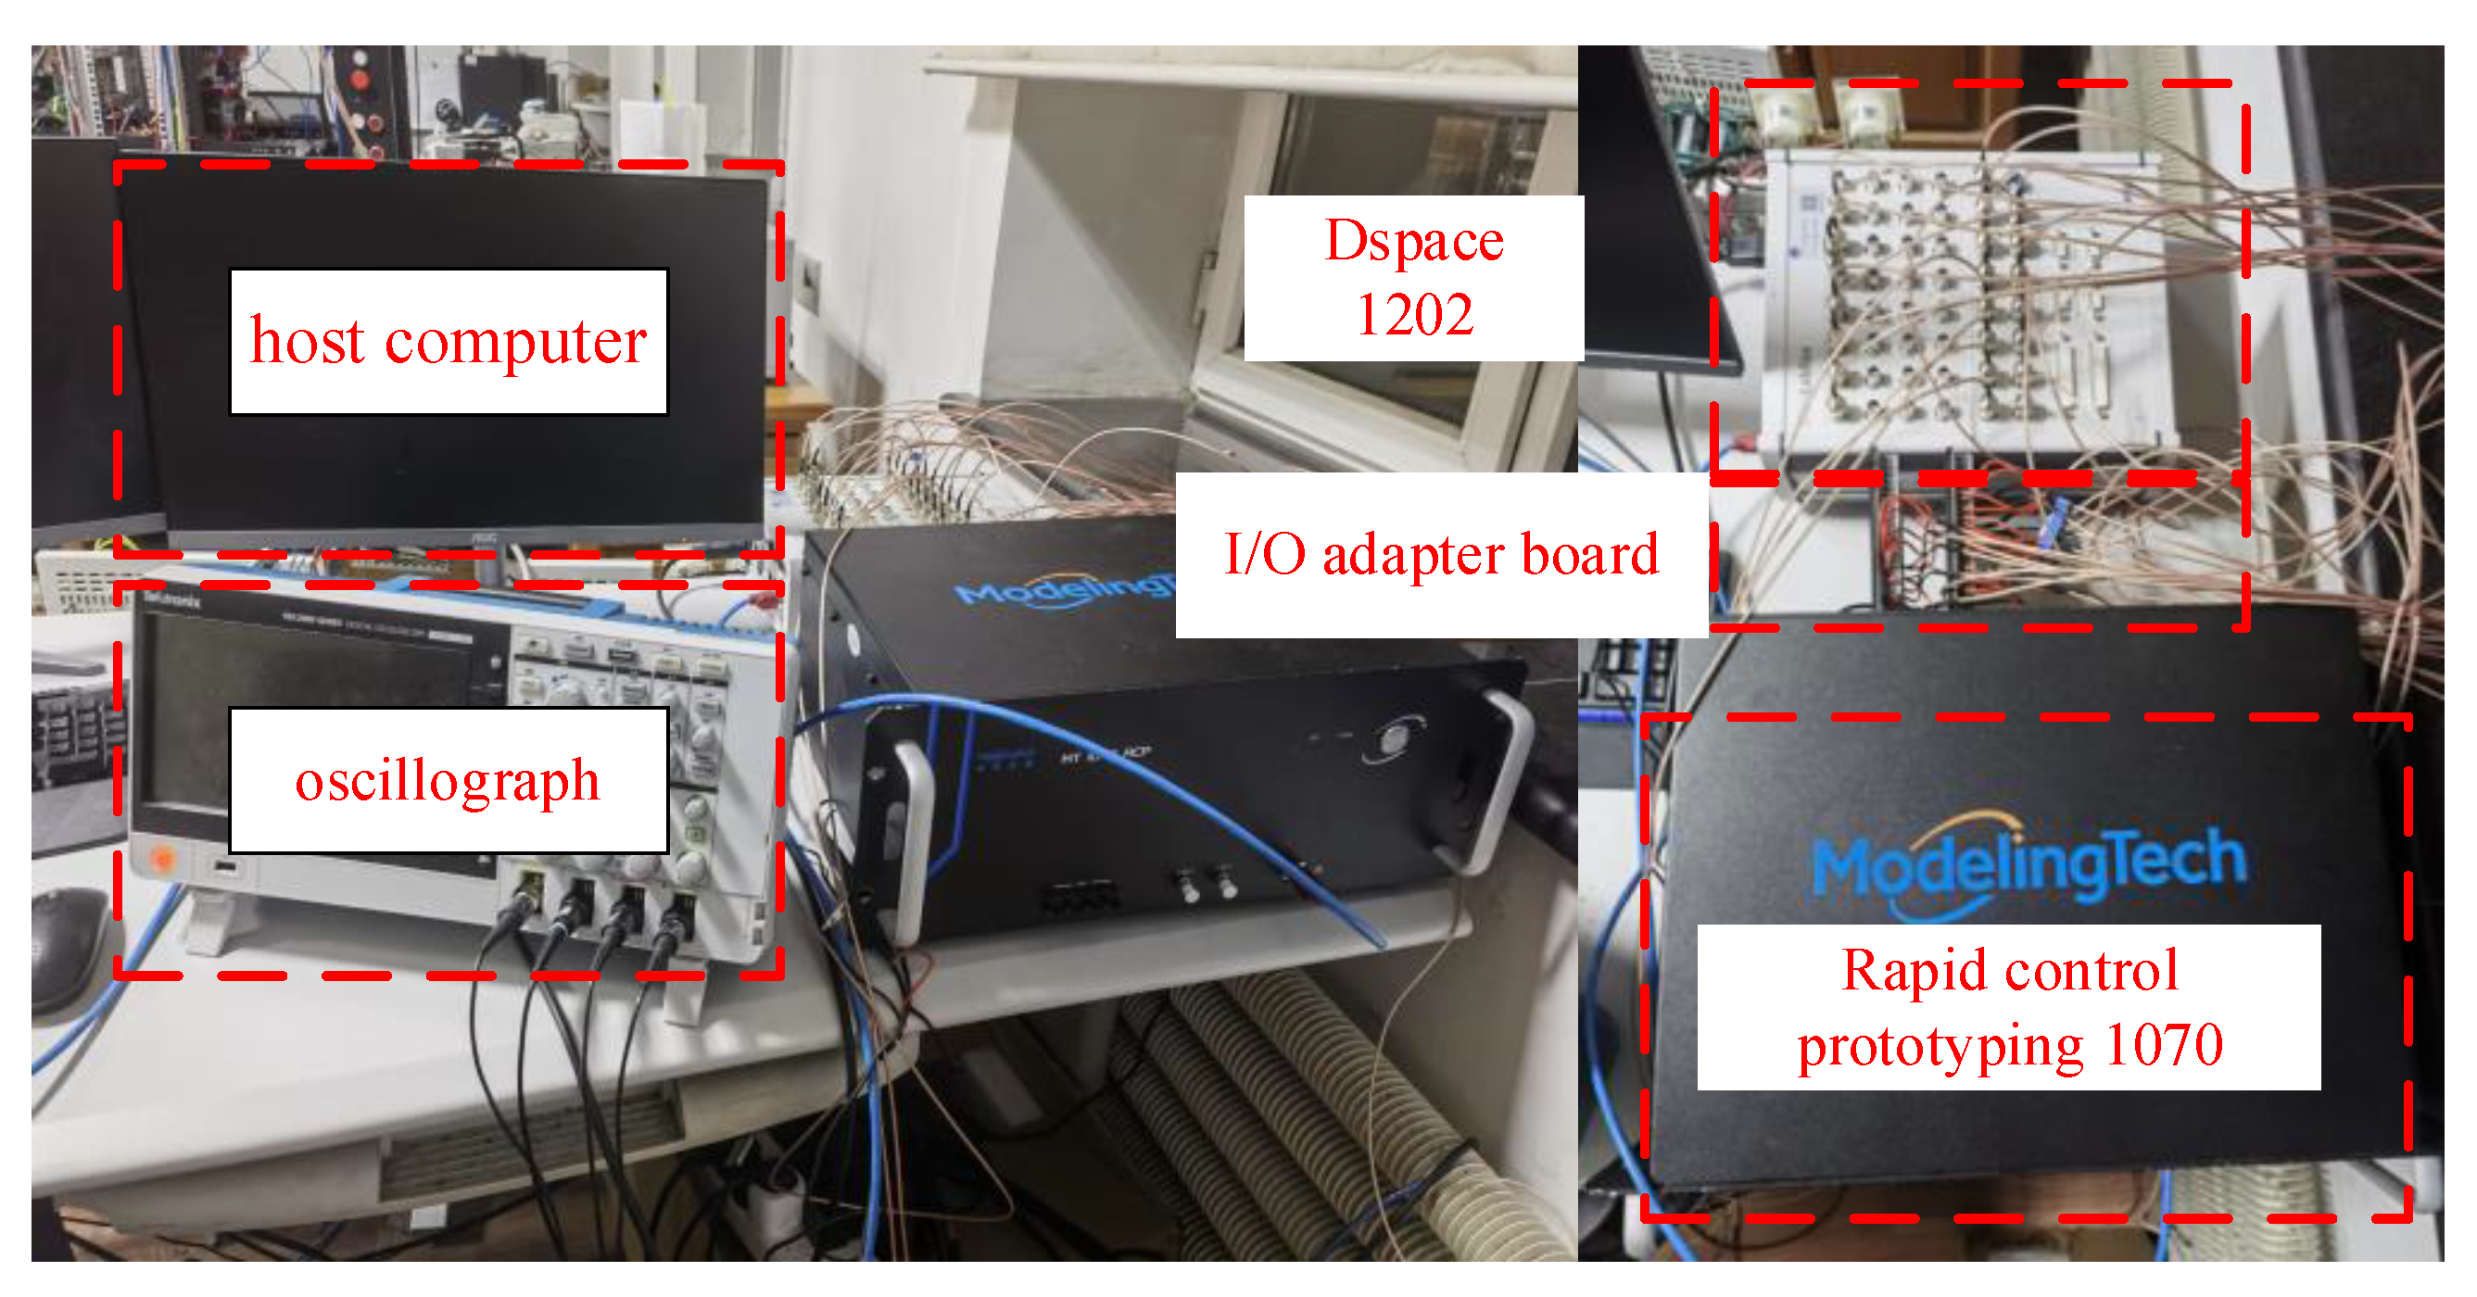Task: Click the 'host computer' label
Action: click(449, 341)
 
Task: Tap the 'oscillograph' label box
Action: click(449, 780)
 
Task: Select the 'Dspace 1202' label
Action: click(1412, 278)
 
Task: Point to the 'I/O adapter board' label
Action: click(1440, 555)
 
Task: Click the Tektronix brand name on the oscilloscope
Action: click(173, 603)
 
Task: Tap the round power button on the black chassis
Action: click(1396, 738)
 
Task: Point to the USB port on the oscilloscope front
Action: click(225, 867)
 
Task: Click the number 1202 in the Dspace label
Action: click(1412, 314)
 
